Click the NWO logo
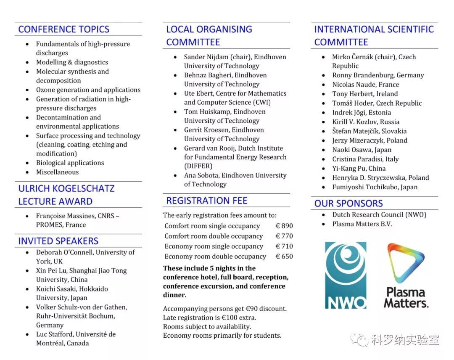coord(346,275)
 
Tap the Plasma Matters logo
coord(406,275)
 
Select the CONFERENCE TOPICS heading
coord(64,29)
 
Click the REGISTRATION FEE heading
coord(207,201)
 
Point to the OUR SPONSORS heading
coord(348,203)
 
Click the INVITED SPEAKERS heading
coord(58,241)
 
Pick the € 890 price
coord(284,226)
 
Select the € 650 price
coord(284,256)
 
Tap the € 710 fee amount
coord(284,246)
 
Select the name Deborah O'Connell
coord(64,252)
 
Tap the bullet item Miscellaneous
coord(57,172)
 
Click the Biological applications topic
coord(70,163)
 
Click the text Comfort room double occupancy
coord(214,236)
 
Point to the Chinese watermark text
coord(405,340)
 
